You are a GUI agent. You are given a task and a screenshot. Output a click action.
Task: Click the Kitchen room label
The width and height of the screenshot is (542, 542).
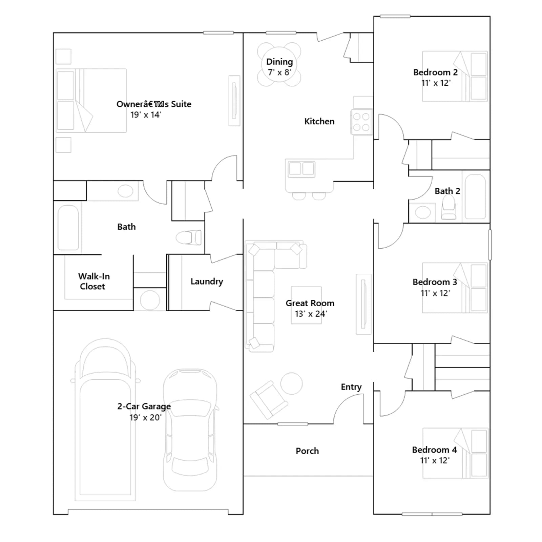(319, 121)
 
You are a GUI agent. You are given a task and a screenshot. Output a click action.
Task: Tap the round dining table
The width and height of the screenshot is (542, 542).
(279, 64)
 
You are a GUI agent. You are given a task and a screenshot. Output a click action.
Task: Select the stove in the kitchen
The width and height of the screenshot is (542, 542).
(361, 122)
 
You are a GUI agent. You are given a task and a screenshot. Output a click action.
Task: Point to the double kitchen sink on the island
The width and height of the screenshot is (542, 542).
(301, 169)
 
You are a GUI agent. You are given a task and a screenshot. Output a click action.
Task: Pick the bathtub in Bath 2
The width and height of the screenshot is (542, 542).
(475, 197)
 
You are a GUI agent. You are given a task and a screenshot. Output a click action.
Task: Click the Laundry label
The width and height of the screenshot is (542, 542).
(207, 282)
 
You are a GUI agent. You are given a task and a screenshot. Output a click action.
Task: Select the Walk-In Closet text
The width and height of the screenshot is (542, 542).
(93, 281)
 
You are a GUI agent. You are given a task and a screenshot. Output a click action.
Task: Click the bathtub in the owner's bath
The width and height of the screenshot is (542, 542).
(68, 228)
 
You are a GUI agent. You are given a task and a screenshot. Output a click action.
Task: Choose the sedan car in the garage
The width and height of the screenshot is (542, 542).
(190, 430)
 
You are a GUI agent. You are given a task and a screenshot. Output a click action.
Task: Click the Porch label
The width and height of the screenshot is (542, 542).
(307, 451)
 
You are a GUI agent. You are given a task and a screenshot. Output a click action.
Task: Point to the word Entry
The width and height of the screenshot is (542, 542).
(351, 387)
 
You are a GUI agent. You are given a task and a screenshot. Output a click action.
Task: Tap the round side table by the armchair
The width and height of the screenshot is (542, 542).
(292, 383)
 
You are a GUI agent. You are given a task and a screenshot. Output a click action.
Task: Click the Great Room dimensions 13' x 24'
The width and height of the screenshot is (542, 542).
(311, 314)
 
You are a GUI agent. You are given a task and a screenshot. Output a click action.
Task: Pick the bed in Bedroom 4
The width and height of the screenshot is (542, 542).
(455, 453)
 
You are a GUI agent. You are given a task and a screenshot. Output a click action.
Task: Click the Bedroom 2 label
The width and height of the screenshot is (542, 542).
(435, 72)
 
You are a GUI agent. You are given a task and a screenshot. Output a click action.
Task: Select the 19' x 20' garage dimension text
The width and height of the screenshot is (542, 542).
(145, 417)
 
